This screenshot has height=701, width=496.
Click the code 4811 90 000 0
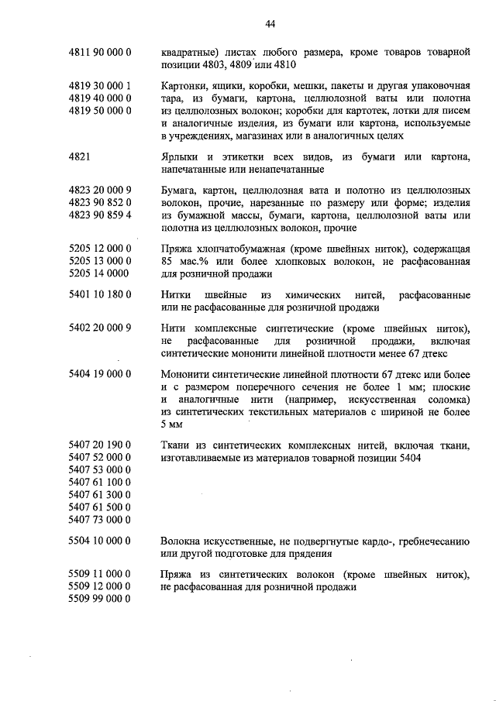coord(99,52)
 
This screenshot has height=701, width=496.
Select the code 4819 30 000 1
coord(99,86)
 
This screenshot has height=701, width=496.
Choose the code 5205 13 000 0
coord(99,261)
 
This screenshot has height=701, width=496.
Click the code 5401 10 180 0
coord(99,295)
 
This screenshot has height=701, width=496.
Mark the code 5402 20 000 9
coord(99,328)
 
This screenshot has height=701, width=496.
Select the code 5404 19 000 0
coord(99,374)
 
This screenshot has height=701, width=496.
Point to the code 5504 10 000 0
coord(99,541)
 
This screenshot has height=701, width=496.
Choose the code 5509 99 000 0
coord(99,600)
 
